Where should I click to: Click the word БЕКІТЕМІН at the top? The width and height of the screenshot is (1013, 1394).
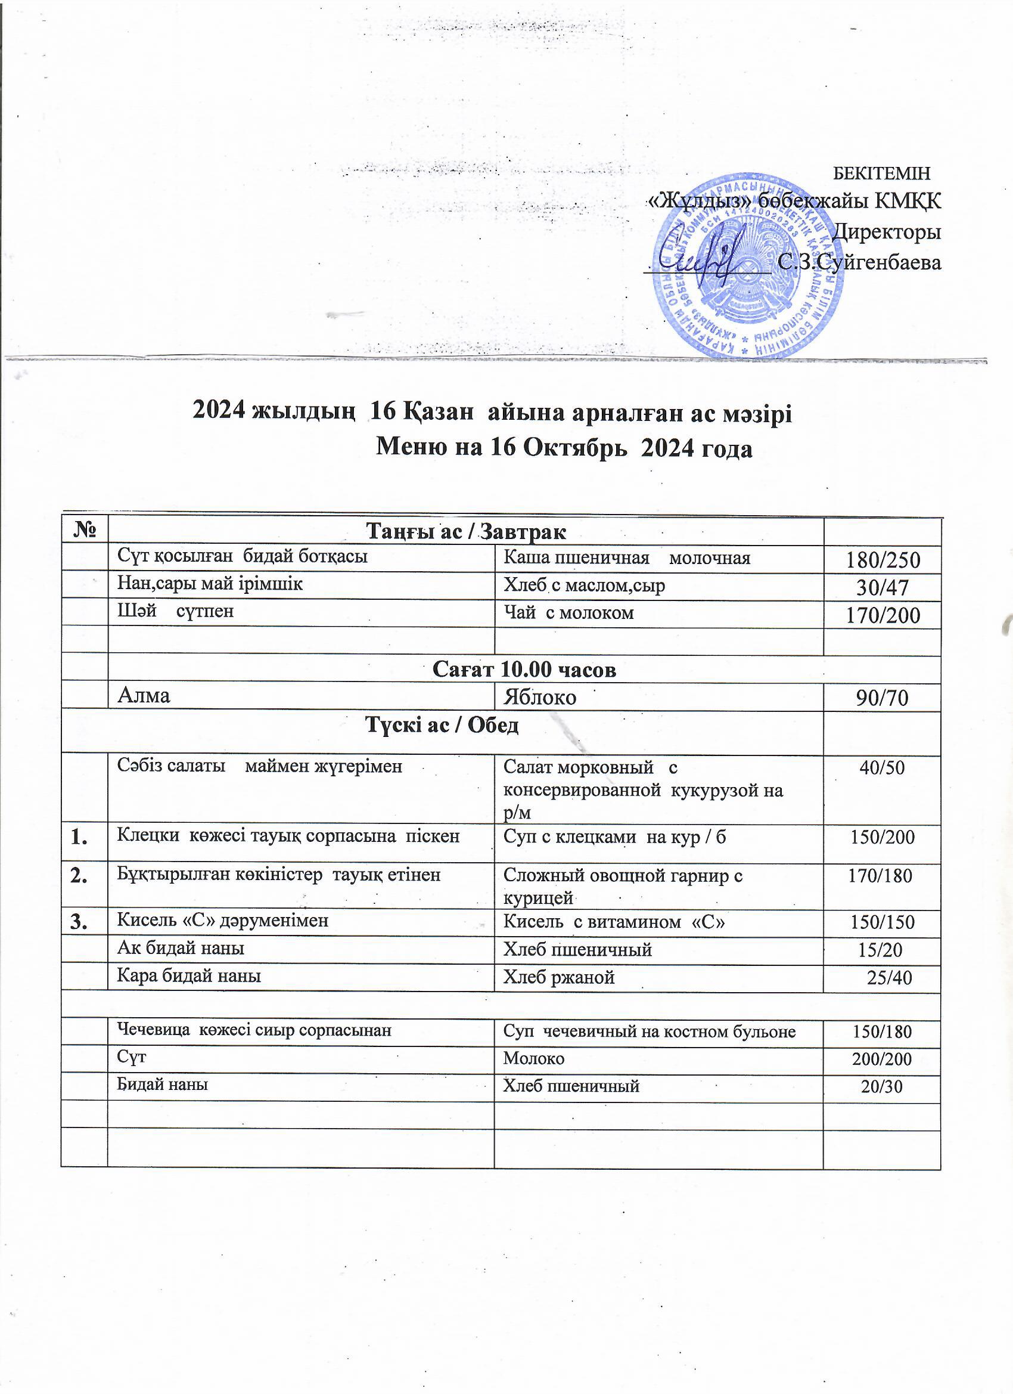click(x=881, y=173)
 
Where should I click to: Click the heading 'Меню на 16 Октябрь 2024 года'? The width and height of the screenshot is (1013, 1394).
click(x=563, y=449)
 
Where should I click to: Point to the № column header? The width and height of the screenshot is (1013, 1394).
click(x=84, y=531)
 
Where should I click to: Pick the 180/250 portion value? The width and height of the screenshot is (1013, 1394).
click(x=883, y=560)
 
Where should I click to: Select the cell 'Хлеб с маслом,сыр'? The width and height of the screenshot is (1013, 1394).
click(x=584, y=586)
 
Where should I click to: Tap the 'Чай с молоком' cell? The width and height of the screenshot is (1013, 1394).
click(x=568, y=612)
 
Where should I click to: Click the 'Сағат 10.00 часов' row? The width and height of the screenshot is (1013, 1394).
click(x=524, y=670)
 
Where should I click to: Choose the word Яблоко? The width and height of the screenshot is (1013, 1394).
click(x=539, y=697)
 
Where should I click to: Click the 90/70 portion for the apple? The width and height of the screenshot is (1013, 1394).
click(x=883, y=698)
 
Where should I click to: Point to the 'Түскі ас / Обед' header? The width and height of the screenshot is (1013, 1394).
click(x=442, y=725)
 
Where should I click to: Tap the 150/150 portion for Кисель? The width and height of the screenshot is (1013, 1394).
click(x=882, y=922)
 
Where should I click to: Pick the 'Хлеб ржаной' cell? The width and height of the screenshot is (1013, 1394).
click(x=558, y=977)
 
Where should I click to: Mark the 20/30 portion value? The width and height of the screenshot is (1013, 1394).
click(x=881, y=1087)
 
